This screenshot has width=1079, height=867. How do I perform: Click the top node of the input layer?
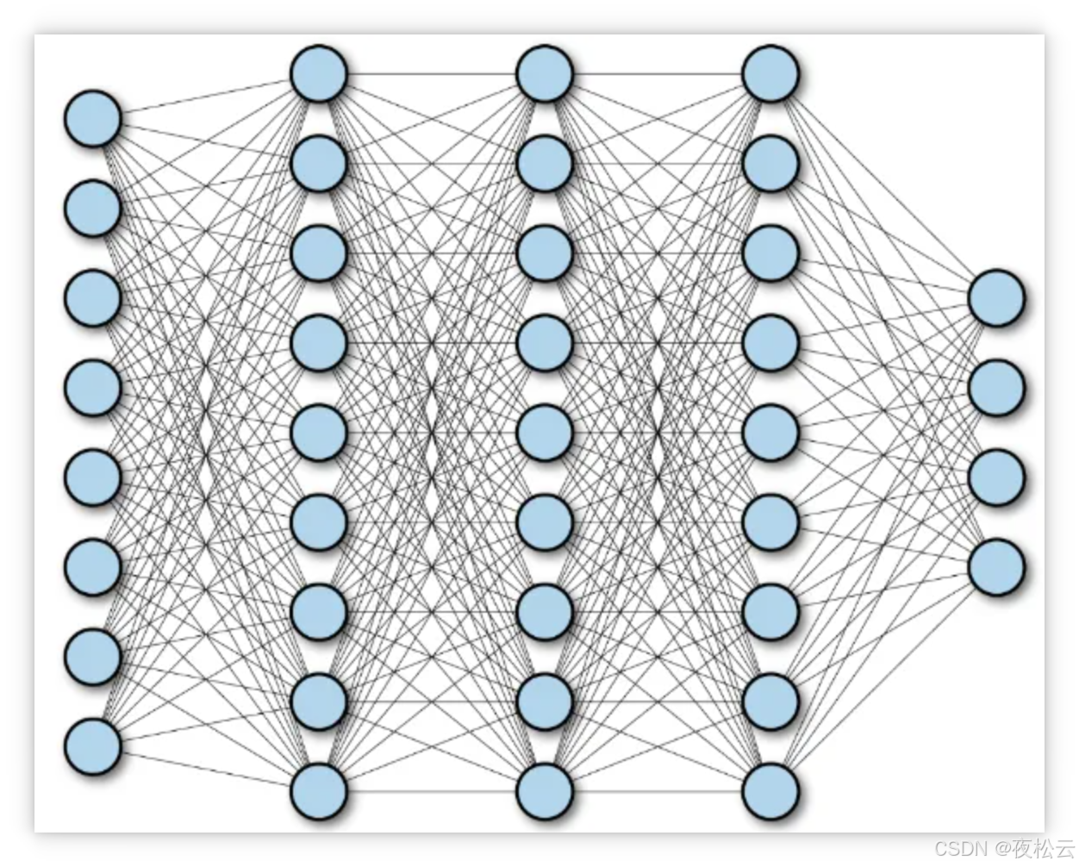click(92, 119)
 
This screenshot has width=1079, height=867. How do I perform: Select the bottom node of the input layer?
click(92, 746)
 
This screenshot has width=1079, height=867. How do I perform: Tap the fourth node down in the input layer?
click(92, 388)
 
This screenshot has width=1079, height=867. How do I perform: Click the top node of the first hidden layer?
click(319, 74)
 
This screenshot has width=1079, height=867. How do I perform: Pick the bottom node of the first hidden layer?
click(319, 791)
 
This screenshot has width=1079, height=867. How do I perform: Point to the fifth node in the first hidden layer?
click(319, 433)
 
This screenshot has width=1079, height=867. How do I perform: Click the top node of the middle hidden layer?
click(545, 74)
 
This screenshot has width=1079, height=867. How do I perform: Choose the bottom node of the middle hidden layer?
click(545, 791)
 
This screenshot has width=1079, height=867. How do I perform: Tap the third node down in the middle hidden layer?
click(545, 253)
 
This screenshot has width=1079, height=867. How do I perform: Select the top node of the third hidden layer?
click(770, 74)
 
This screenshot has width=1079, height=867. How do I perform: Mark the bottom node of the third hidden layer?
click(770, 791)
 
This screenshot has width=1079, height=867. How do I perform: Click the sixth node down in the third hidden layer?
click(770, 522)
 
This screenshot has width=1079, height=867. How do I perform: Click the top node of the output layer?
click(996, 298)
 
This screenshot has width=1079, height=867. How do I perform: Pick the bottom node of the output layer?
click(996, 567)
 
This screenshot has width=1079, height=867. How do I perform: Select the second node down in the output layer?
click(996, 388)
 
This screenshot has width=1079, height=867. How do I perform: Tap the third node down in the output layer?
click(996, 477)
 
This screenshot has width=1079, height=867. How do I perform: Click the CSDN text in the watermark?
click(959, 847)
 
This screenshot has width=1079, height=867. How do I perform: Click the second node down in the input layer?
click(92, 209)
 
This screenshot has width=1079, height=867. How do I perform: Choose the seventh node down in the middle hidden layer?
click(545, 612)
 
